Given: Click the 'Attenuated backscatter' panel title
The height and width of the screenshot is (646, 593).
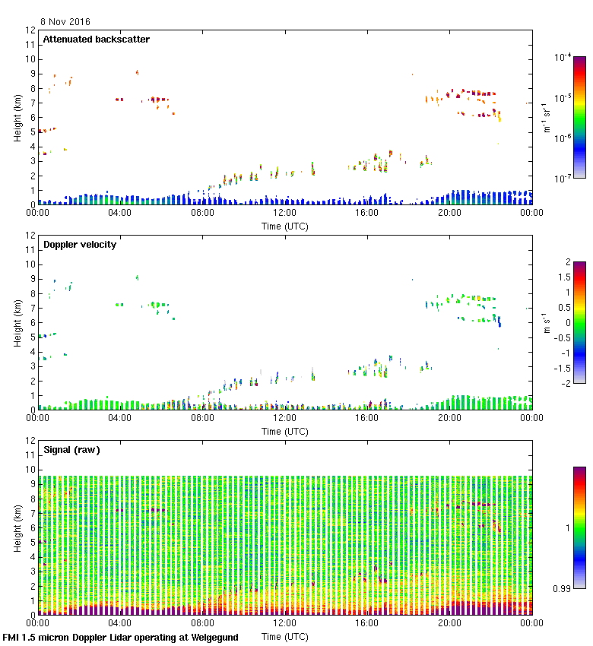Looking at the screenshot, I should [x=96, y=40].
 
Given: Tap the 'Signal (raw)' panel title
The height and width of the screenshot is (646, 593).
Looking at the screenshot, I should [x=71, y=450].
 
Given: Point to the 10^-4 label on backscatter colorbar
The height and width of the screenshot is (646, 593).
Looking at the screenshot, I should [x=563, y=58].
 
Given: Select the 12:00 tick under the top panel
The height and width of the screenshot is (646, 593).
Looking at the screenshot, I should [x=284, y=214].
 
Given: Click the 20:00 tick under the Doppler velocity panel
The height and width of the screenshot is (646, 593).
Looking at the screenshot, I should [x=449, y=419].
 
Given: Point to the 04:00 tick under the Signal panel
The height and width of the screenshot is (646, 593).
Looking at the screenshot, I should [x=120, y=624].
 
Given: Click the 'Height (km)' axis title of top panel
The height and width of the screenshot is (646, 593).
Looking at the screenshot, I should [x=17, y=117].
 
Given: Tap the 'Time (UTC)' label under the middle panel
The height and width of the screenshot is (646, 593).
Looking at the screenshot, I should [x=285, y=431].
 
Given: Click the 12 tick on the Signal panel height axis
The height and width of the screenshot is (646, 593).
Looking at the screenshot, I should [x=30, y=441].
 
